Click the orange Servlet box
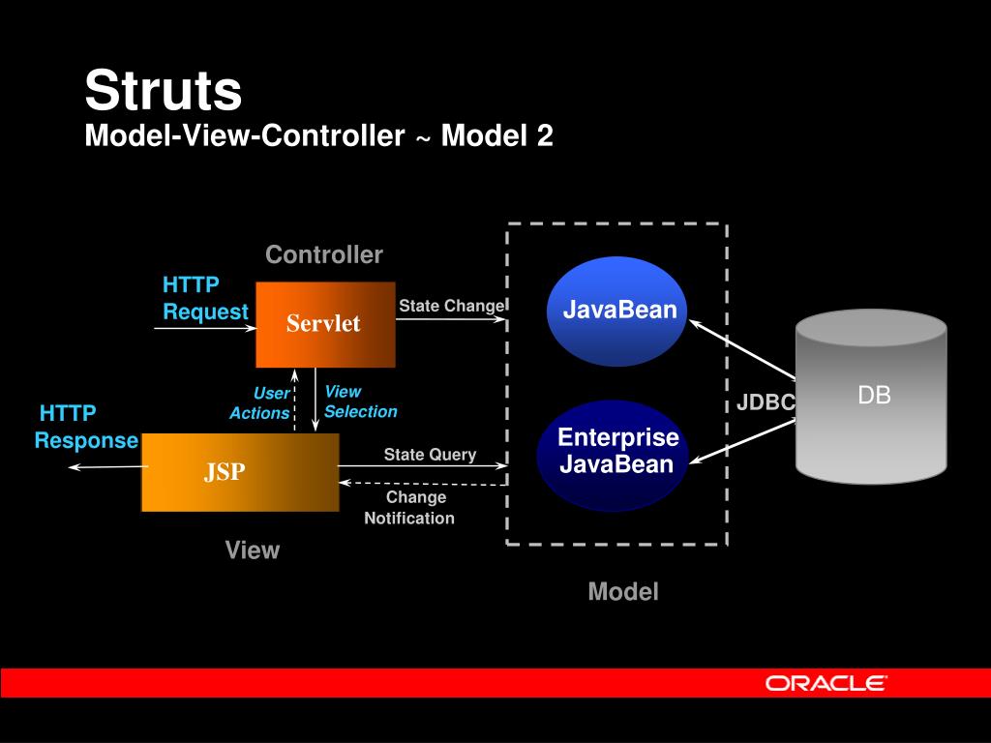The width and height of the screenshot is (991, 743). [325, 324]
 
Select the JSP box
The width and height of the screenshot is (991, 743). [240, 472]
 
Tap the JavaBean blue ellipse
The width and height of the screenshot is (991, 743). [616, 311]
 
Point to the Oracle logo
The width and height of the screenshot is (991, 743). [826, 683]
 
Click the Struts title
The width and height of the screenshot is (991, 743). [163, 91]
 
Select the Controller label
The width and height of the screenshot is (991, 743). [324, 254]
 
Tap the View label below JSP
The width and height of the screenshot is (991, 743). [253, 550]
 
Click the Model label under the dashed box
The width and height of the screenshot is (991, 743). [623, 592]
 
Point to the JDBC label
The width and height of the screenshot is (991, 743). [766, 402]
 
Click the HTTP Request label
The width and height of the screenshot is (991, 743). [204, 298]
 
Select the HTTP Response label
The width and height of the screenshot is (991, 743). [87, 427]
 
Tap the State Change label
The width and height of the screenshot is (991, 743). [452, 306]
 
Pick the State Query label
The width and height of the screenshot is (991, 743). [430, 455]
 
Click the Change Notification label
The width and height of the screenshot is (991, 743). [410, 508]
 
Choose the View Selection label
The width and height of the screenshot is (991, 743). [359, 401]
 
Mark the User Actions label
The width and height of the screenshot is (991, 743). [260, 403]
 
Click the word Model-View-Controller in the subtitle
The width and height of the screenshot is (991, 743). [244, 136]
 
